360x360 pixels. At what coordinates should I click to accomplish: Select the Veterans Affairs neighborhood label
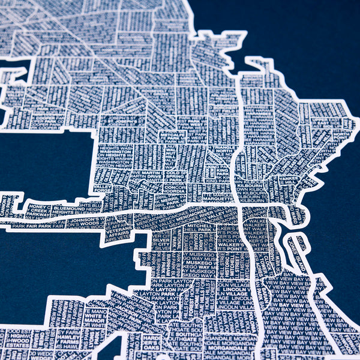[x=119, y=229]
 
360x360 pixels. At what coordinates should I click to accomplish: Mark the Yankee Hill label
[x=287, y=178]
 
